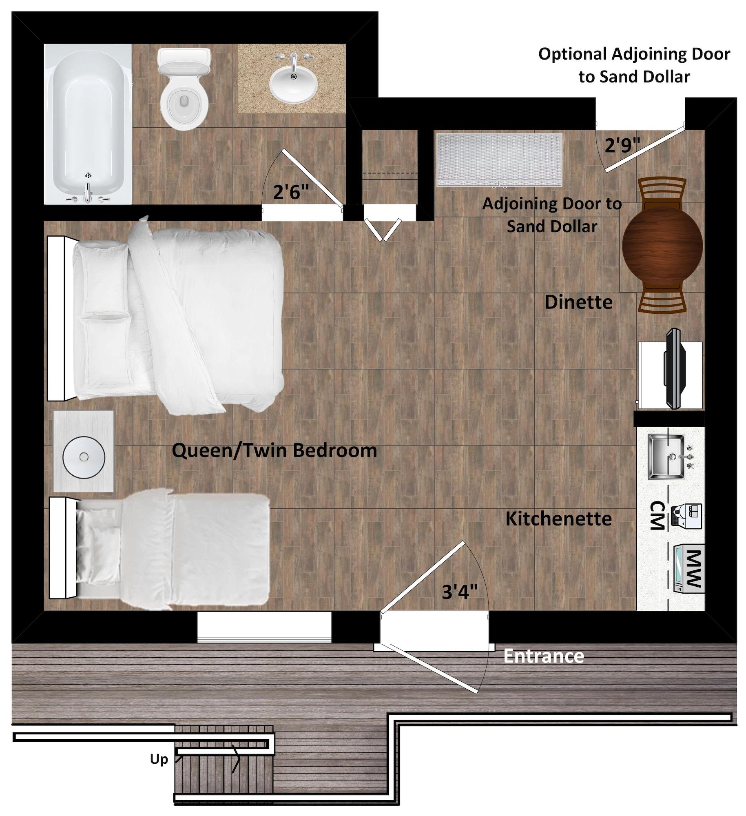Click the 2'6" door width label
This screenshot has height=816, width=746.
290,192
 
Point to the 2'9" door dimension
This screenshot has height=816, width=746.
622,145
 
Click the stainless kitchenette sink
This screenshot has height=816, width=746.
666,457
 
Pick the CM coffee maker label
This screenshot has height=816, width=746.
657,516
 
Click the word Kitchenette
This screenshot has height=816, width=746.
558,519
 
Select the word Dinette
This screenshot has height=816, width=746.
578,302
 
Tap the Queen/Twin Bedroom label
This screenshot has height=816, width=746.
274,451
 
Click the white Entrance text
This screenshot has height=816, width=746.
543,656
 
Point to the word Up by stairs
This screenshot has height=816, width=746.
159,759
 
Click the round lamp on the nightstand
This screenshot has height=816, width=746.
84,457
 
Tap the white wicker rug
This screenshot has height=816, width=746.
499,160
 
